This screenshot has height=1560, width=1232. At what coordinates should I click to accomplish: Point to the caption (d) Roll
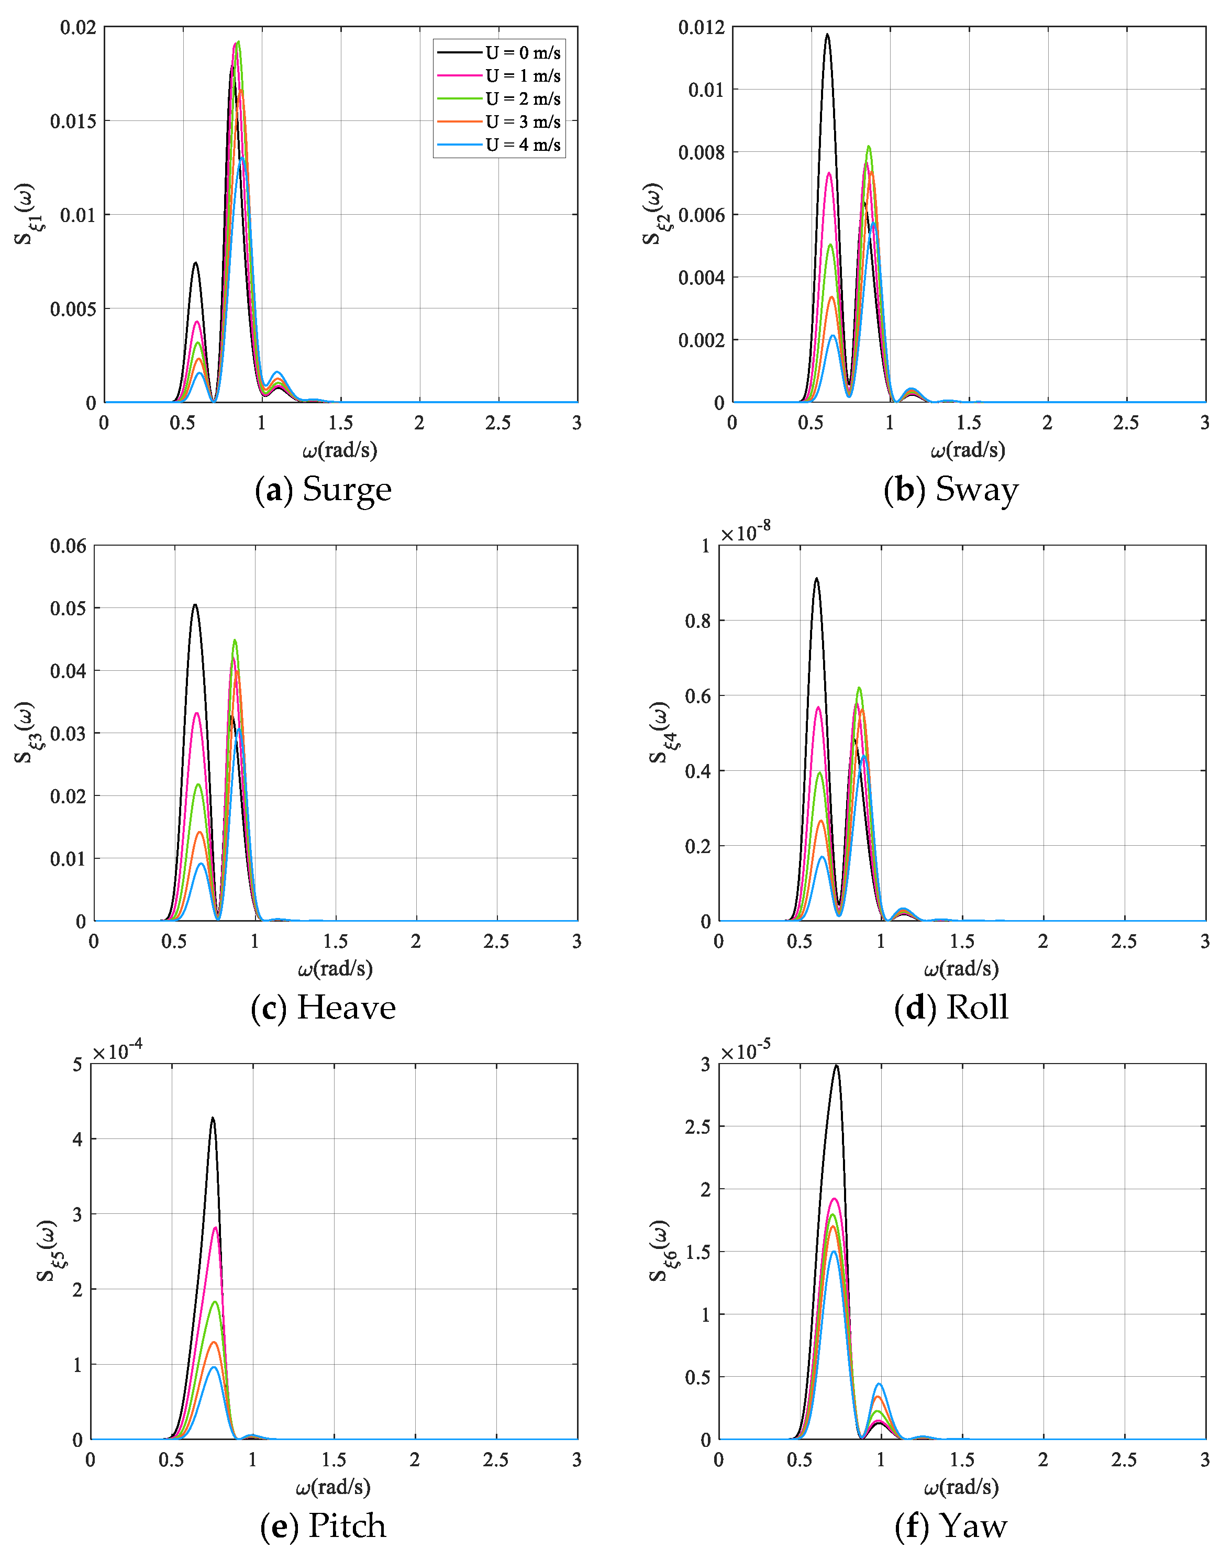[x=951, y=1008]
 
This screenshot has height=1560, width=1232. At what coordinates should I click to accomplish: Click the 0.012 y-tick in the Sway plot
[x=701, y=27]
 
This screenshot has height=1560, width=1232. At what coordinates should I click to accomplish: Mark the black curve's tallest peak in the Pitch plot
[x=212, y=1119]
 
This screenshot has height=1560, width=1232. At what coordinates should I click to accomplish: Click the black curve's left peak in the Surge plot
[x=195, y=263]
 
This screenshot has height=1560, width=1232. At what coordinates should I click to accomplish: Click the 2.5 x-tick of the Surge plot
[x=498, y=423]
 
